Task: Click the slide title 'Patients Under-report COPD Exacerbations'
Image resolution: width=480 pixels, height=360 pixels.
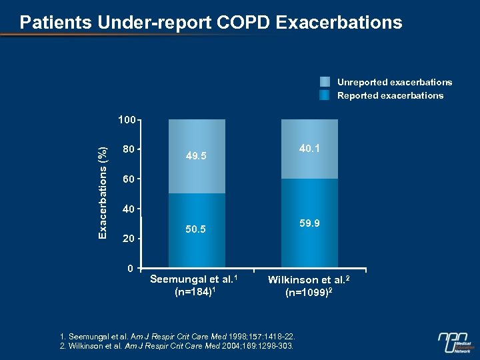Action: [211, 23]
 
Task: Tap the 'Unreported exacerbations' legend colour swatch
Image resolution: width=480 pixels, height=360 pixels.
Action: [325, 82]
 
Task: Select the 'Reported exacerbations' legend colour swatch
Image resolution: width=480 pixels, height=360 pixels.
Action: [325, 95]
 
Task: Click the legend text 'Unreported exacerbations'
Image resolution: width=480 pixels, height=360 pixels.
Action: [395, 82]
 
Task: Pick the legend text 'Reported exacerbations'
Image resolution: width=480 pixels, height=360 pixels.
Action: [390, 95]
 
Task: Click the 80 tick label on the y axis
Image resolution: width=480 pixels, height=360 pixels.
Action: [128, 149]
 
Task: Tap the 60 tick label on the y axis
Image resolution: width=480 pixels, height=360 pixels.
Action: [128, 179]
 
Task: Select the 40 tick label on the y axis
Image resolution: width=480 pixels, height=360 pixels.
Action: [128, 209]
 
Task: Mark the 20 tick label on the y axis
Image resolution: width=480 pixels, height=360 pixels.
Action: [128, 239]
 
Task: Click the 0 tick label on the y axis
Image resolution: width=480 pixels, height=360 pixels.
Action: [131, 268]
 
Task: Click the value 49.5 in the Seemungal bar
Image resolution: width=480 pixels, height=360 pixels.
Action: [196, 156]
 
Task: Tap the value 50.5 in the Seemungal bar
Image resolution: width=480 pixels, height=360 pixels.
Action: [196, 230]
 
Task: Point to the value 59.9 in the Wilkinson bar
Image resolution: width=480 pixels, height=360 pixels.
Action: [309, 223]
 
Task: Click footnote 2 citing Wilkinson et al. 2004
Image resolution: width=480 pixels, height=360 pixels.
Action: [176, 347]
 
